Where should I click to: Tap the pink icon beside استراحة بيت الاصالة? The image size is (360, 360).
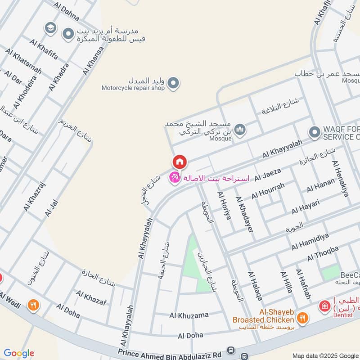pos(174,178)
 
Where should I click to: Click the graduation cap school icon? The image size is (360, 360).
pos(50,28)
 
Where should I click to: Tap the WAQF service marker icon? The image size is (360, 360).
pos(314,132)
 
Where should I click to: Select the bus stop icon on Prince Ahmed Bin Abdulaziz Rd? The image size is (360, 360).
pos(231,350)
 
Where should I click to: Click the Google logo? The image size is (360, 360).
pos(19,353)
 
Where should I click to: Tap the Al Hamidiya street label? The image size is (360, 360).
pos(310,241)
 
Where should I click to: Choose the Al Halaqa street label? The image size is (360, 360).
pos(255,286)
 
